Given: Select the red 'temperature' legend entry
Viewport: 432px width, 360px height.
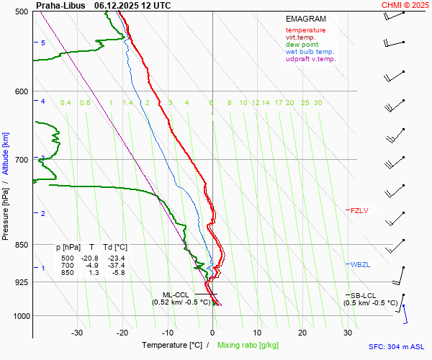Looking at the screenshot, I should point(305,30).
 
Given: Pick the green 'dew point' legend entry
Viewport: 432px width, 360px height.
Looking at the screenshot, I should point(302,45).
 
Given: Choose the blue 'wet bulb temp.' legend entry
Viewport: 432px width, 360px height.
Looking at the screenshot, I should point(310,52).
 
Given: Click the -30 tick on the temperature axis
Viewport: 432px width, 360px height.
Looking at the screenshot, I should point(78,333).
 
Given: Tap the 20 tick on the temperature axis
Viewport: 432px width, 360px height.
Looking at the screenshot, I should point(302,333).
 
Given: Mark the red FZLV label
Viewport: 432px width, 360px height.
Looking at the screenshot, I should point(359,211).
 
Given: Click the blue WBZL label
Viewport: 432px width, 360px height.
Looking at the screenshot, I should point(360,265).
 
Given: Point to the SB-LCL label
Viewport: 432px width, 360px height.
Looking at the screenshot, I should point(364,295).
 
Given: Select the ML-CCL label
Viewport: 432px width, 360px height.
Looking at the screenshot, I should point(176,294).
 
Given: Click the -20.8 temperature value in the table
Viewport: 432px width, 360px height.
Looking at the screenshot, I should point(89,258).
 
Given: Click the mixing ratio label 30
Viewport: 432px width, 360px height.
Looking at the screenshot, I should point(318,103).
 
